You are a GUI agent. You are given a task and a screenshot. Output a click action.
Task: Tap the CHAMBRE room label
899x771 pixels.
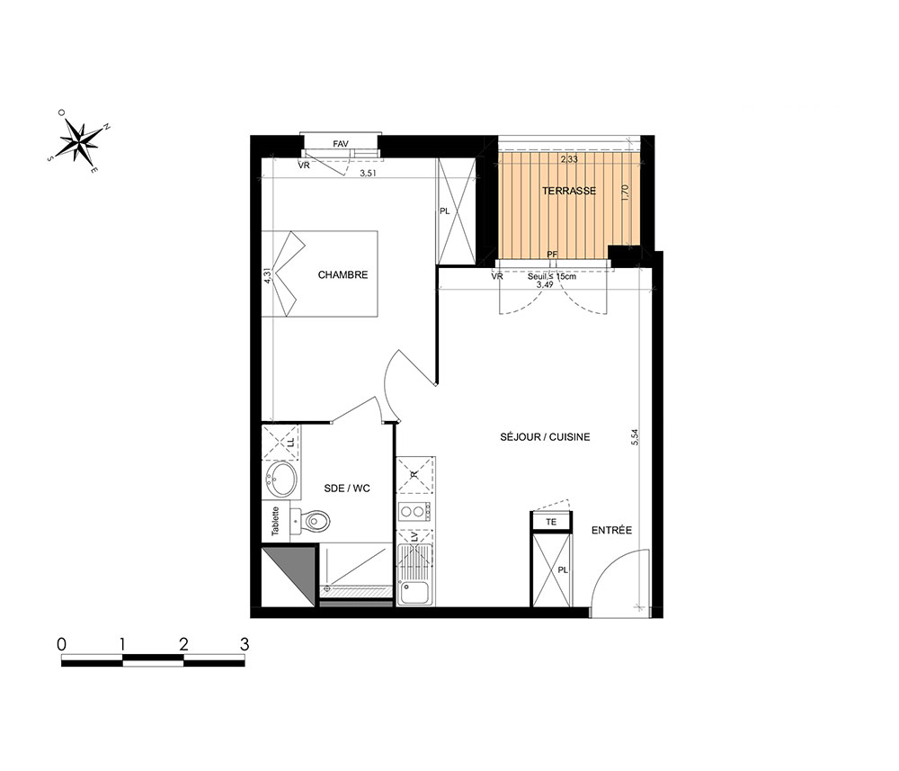click(x=343, y=274)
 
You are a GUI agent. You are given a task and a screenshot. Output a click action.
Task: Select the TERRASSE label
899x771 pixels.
click(x=569, y=191)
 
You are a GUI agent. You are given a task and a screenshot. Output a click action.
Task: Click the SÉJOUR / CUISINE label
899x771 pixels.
click(x=545, y=436)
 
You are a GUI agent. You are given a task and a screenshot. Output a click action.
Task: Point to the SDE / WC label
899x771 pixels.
click(x=347, y=489)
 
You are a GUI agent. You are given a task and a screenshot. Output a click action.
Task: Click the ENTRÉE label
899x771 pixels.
click(x=611, y=530)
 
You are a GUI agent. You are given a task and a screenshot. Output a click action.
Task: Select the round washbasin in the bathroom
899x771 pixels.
click(x=281, y=479)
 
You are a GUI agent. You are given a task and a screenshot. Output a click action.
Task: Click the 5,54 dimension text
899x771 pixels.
click(x=634, y=438)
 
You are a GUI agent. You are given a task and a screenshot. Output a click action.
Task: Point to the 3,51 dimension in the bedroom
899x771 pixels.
click(x=368, y=173)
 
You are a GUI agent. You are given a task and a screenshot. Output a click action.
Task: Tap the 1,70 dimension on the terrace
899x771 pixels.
click(x=626, y=193)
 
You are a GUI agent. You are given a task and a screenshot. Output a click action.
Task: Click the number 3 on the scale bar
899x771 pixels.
click(x=245, y=644)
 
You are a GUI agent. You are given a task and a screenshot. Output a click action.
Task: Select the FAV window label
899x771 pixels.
click(x=341, y=144)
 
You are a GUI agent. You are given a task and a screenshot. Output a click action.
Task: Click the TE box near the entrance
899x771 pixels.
click(x=552, y=522)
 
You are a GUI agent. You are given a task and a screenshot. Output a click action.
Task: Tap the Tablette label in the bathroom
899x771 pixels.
click(x=275, y=521)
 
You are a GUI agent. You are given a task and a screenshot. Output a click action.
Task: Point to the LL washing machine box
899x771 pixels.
click(x=280, y=443)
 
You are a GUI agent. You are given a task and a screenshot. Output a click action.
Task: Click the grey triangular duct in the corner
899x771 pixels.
click(x=289, y=577)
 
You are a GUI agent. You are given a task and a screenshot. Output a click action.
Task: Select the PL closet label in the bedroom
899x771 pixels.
click(x=444, y=211)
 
